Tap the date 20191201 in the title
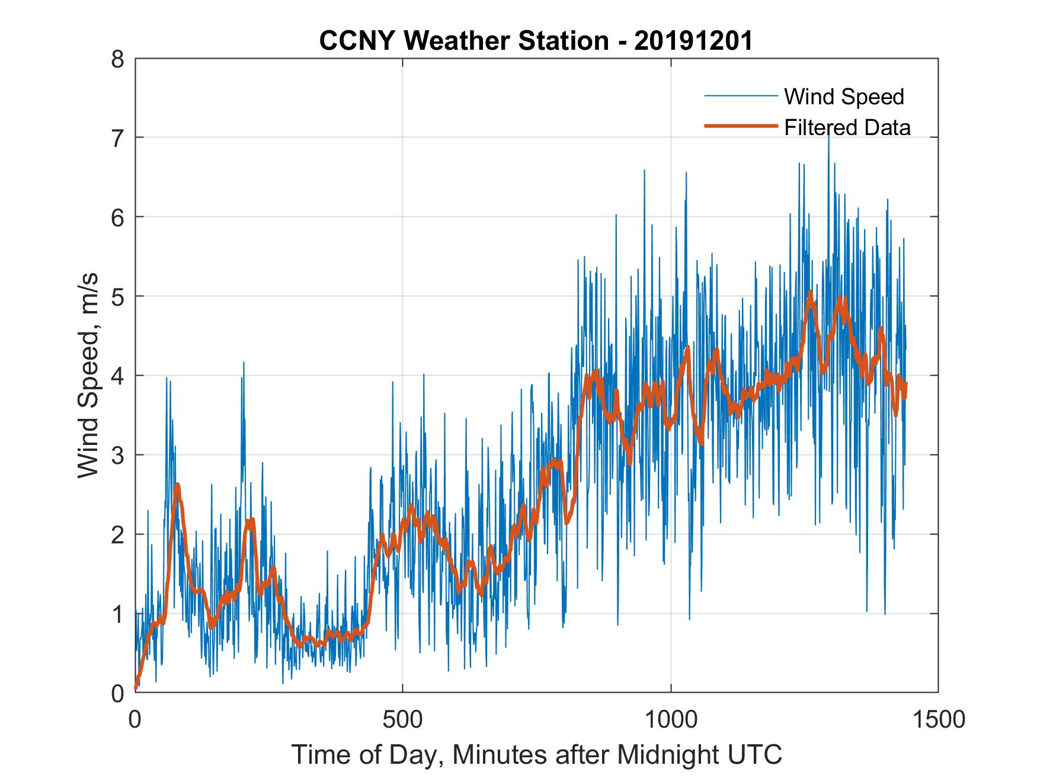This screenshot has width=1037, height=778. coord(693,41)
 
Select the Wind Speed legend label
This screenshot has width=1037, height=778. coord(844,97)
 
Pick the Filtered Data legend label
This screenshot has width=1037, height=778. coord(847,127)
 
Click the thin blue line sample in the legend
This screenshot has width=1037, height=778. coord(740,96)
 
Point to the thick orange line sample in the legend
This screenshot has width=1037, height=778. coord(740,126)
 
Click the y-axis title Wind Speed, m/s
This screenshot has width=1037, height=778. coord(89,376)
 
